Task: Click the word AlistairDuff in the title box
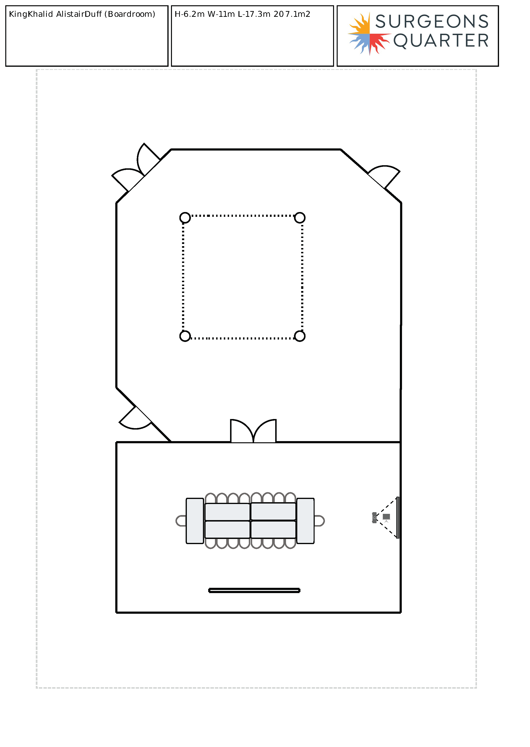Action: tap(79, 14)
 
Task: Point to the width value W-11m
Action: tap(221, 14)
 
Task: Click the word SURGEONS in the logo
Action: tap(432, 22)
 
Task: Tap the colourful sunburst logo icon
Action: tap(369, 34)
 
